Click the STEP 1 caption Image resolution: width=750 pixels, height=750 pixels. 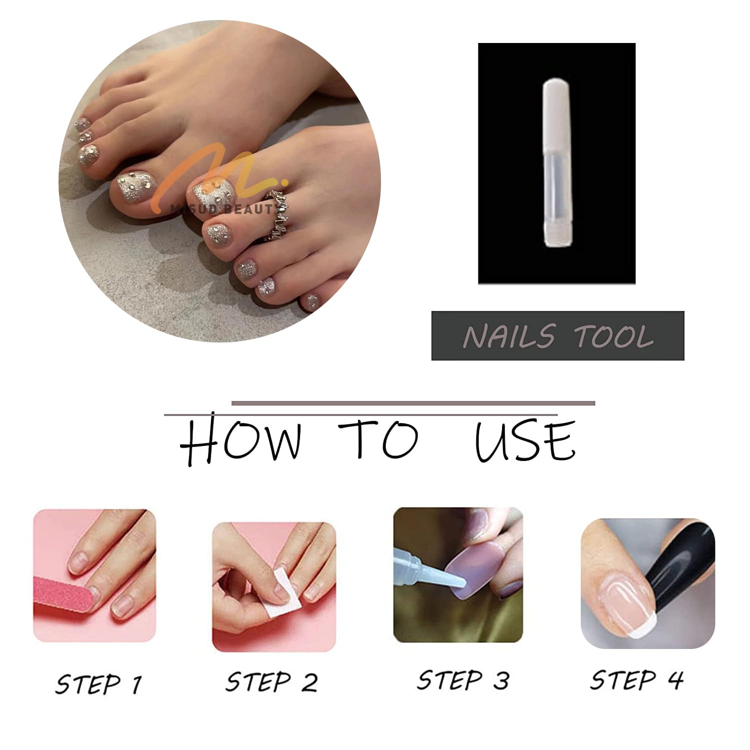point(98,683)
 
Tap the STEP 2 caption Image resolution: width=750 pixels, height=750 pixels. point(271,682)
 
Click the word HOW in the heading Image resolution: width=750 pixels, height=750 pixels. point(240,440)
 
